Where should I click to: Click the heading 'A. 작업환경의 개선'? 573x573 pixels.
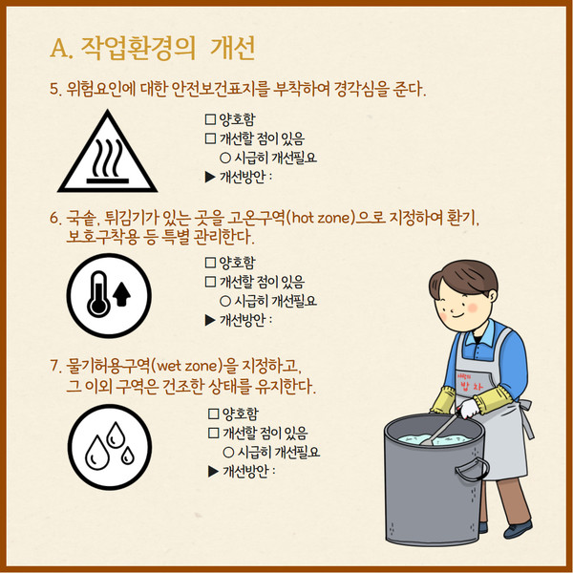153,49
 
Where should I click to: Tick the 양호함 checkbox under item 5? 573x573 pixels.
210,119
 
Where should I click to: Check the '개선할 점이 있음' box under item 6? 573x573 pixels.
210,282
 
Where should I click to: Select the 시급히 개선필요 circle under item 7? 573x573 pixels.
228,453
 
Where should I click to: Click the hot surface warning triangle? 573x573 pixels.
107,154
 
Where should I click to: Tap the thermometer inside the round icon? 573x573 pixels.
98,294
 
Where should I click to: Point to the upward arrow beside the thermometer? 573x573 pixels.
121,295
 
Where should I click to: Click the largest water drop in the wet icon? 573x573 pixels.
96,453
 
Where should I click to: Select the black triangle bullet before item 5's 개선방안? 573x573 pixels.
210,178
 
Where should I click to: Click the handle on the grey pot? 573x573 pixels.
473,469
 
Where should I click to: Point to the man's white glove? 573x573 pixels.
468,409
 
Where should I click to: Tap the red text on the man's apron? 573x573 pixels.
470,383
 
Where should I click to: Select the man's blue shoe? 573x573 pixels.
519,529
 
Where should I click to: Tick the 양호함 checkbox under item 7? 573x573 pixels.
213,414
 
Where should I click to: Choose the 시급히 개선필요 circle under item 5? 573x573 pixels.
225,158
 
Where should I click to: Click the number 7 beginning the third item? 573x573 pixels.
54,366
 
